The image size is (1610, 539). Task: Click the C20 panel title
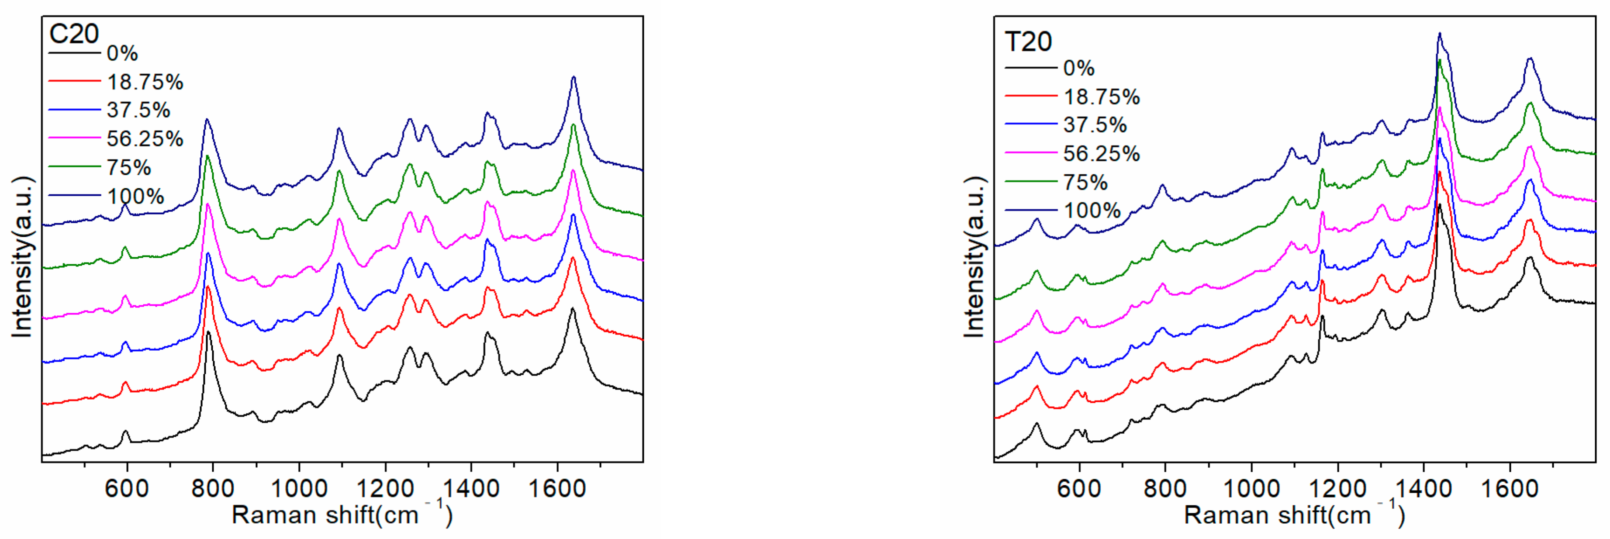(x=74, y=34)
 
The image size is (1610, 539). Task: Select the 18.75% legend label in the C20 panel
(x=145, y=82)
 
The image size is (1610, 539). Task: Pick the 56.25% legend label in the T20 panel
(x=1101, y=153)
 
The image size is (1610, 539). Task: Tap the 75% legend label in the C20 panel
(x=129, y=168)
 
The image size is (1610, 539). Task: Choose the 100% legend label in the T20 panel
(x=1092, y=210)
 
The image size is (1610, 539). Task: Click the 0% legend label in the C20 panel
(x=122, y=54)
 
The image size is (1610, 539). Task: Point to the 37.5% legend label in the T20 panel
(x=1095, y=125)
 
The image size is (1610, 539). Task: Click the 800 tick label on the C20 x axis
(x=213, y=488)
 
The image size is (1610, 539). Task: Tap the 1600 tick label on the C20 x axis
(x=557, y=488)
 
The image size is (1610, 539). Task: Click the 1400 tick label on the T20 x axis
(x=1423, y=488)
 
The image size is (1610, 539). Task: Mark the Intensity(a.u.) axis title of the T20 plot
(x=974, y=257)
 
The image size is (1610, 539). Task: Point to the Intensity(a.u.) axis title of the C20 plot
(x=22, y=257)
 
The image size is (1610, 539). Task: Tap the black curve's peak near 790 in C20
(x=208, y=333)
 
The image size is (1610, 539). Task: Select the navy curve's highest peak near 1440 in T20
(x=1439, y=34)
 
